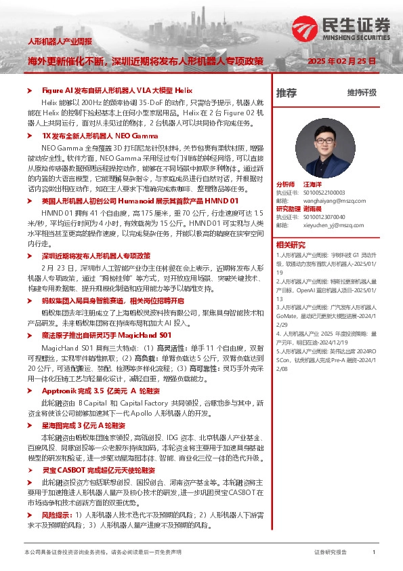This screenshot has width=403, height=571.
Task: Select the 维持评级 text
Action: click(x=362, y=93)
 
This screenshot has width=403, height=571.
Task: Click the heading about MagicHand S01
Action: click(x=106, y=335)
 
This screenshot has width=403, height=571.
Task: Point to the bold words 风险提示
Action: click(x=56, y=515)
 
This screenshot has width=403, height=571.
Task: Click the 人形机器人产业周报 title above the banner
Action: click(x=59, y=42)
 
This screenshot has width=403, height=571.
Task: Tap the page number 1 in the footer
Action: click(x=373, y=553)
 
